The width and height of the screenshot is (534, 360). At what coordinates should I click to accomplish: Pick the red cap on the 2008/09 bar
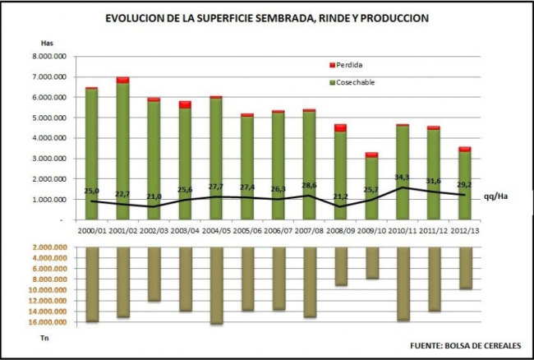click(x=341, y=127)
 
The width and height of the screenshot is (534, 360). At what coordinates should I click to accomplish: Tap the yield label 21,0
click(x=154, y=196)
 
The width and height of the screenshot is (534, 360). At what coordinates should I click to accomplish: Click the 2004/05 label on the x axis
click(x=216, y=233)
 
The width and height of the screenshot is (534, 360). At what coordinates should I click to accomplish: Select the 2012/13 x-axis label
click(x=465, y=233)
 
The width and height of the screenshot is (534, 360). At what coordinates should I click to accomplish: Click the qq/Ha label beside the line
click(x=495, y=196)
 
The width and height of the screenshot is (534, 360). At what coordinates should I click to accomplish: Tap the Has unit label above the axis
click(x=46, y=42)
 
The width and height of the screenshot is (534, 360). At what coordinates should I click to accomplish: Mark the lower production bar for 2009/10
click(x=372, y=262)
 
